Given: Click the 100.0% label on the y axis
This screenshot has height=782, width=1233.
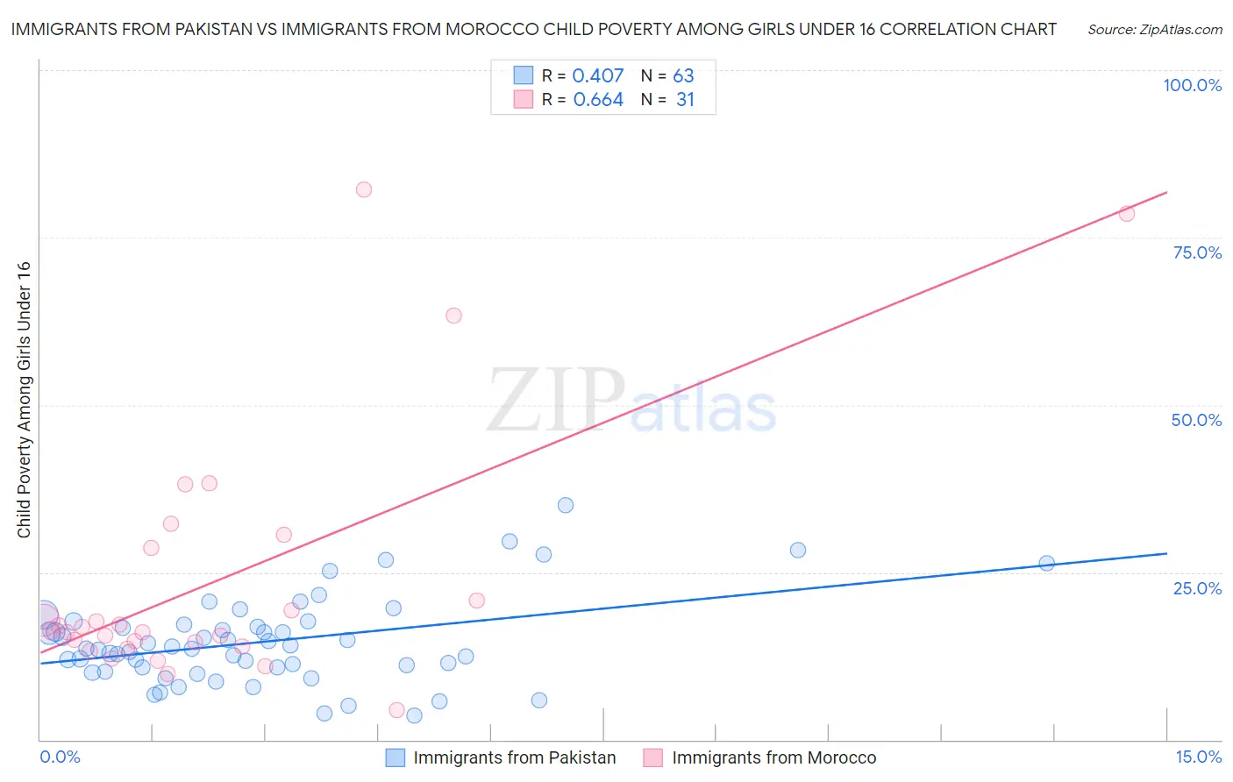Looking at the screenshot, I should click(x=1192, y=85).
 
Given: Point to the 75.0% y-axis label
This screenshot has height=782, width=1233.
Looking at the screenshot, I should click(x=1197, y=252).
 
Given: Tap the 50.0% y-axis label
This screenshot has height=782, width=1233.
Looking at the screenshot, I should click(x=1196, y=420).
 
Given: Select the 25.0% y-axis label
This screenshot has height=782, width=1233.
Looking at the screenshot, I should click(x=1197, y=587).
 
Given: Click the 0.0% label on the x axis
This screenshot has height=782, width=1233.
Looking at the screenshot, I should click(x=60, y=757).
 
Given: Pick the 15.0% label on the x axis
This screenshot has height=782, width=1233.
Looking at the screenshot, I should click(x=1198, y=757).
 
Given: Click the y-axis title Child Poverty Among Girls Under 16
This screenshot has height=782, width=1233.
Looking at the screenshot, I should click(x=24, y=400).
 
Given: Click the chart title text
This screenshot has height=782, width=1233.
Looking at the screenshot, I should click(x=533, y=29).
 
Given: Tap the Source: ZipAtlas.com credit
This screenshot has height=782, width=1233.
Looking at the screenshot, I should click(x=1154, y=29).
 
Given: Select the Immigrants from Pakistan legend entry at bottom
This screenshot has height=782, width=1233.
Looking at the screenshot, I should click(x=514, y=757).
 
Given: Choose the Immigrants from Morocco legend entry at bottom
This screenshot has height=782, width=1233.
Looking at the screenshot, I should click(x=773, y=757).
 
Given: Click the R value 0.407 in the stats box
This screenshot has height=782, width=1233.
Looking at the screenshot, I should click(x=597, y=75).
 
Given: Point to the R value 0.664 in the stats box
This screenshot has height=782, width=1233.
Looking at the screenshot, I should click(x=598, y=100).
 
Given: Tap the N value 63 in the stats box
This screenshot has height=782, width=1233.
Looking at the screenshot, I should click(x=683, y=75).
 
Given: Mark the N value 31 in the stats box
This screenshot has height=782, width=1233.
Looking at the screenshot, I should click(x=685, y=100).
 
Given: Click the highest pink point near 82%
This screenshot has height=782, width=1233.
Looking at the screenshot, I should click(x=364, y=189).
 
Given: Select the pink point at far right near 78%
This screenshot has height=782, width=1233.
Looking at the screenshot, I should click(x=1127, y=213).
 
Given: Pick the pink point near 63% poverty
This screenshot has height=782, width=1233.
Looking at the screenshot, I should click(x=453, y=316).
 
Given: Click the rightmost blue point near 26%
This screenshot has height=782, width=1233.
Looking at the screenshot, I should click(x=1046, y=563).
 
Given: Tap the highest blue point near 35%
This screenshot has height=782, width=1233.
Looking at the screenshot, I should click(x=566, y=505).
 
